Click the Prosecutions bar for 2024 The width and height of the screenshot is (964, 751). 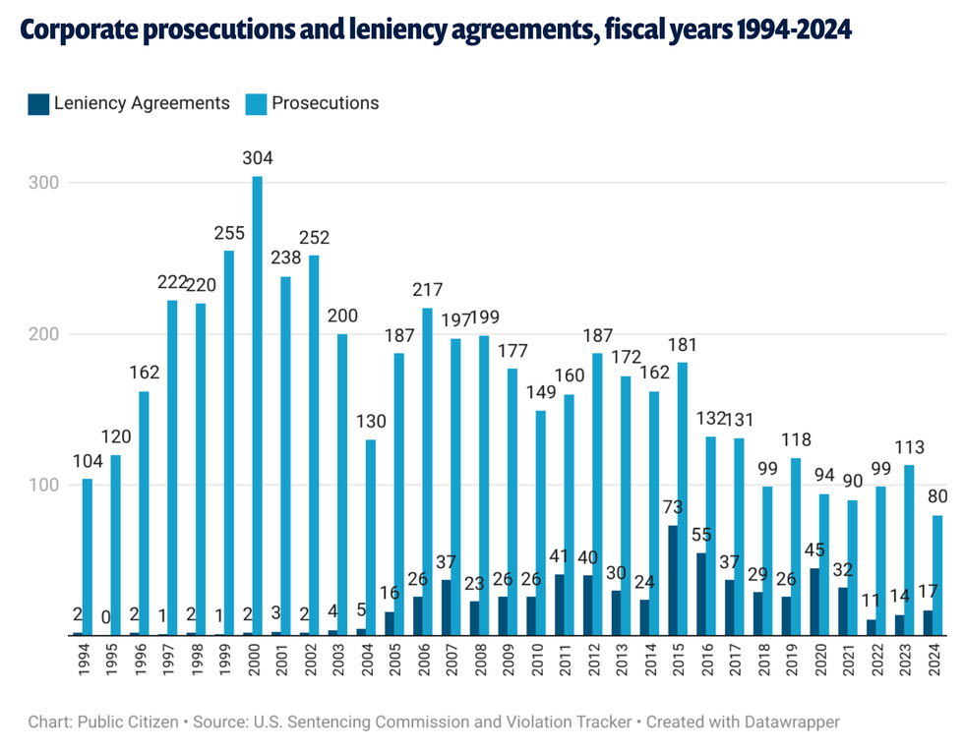point(937,575)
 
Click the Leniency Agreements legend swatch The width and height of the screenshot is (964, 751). point(38,103)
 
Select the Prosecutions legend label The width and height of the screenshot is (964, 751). point(325,103)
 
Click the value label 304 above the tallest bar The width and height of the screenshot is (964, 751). point(258,158)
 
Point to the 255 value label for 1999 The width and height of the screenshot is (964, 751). point(229,233)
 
